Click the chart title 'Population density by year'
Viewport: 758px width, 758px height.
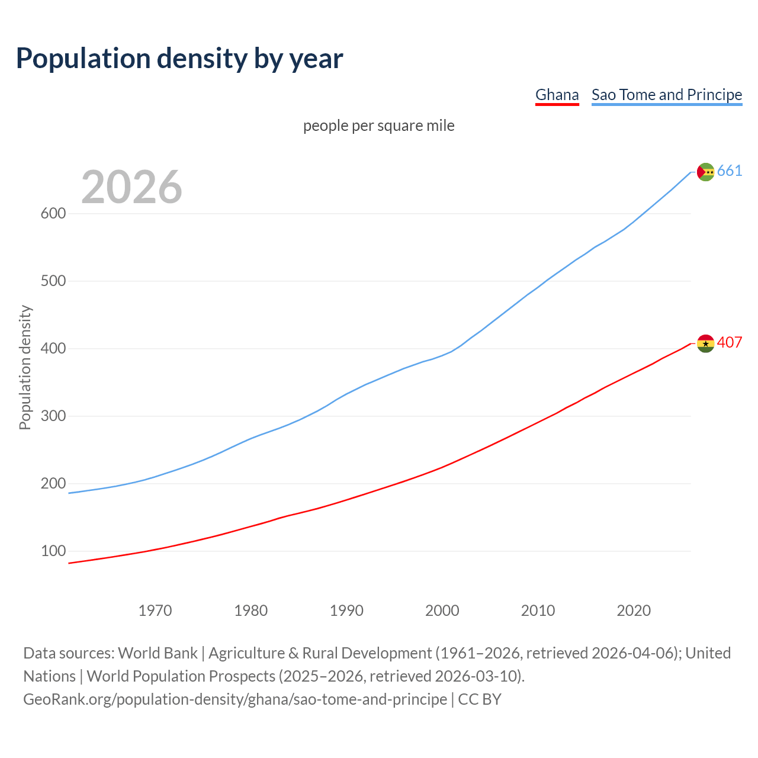pos(179,59)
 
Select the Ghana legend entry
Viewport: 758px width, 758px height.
pos(557,95)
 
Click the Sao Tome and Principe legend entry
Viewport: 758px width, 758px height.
pos(666,95)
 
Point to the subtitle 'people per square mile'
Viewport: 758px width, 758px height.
pos(378,126)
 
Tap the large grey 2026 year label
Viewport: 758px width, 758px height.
pos(131,187)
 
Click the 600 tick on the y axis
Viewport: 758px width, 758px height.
pos(53,214)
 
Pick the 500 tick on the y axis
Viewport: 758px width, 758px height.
pos(53,281)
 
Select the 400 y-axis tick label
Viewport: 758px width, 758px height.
pos(53,349)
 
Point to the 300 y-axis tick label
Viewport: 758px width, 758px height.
pos(53,416)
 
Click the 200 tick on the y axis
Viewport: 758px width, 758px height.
pos(53,484)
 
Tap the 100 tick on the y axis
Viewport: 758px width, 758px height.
pos(53,551)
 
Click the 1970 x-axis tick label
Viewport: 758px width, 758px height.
pos(155,611)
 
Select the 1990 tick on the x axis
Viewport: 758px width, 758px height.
pos(346,611)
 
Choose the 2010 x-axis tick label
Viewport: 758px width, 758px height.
pos(538,611)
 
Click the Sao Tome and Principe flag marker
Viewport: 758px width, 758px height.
pos(705,172)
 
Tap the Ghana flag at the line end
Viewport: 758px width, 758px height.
pos(705,343)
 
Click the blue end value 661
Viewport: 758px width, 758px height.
pos(730,171)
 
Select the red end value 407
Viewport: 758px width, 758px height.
pos(730,343)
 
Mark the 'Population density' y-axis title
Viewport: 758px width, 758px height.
pos(25,367)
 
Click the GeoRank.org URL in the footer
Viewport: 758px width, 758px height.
pos(235,699)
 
